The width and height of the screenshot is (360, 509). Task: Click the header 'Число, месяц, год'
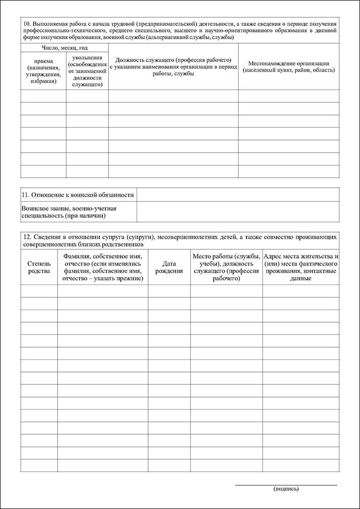pyautogui.click(x=65, y=47)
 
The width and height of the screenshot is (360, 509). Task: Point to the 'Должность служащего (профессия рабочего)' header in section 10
pyautogui.click(x=173, y=67)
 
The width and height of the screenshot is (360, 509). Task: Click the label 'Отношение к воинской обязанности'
pyautogui.click(x=78, y=194)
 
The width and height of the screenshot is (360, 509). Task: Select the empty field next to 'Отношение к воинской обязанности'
pyautogui.click(x=237, y=194)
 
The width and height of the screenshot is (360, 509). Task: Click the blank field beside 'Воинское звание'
pyautogui.click(x=237, y=212)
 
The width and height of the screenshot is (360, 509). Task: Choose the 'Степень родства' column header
pyautogui.click(x=39, y=267)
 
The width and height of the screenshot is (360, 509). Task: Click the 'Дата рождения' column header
pyautogui.click(x=169, y=267)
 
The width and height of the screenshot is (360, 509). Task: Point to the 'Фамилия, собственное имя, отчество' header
pyautogui.click(x=102, y=267)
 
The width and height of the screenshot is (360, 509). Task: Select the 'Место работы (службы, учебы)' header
pyautogui.click(x=227, y=267)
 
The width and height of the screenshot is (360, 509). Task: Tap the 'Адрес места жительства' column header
pyautogui.click(x=301, y=267)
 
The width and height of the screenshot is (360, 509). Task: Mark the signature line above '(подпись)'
pyautogui.click(x=286, y=485)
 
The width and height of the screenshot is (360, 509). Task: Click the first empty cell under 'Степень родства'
pyautogui.click(x=39, y=291)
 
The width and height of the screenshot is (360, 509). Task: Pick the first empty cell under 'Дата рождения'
pyautogui.click(x=169, y=291)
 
